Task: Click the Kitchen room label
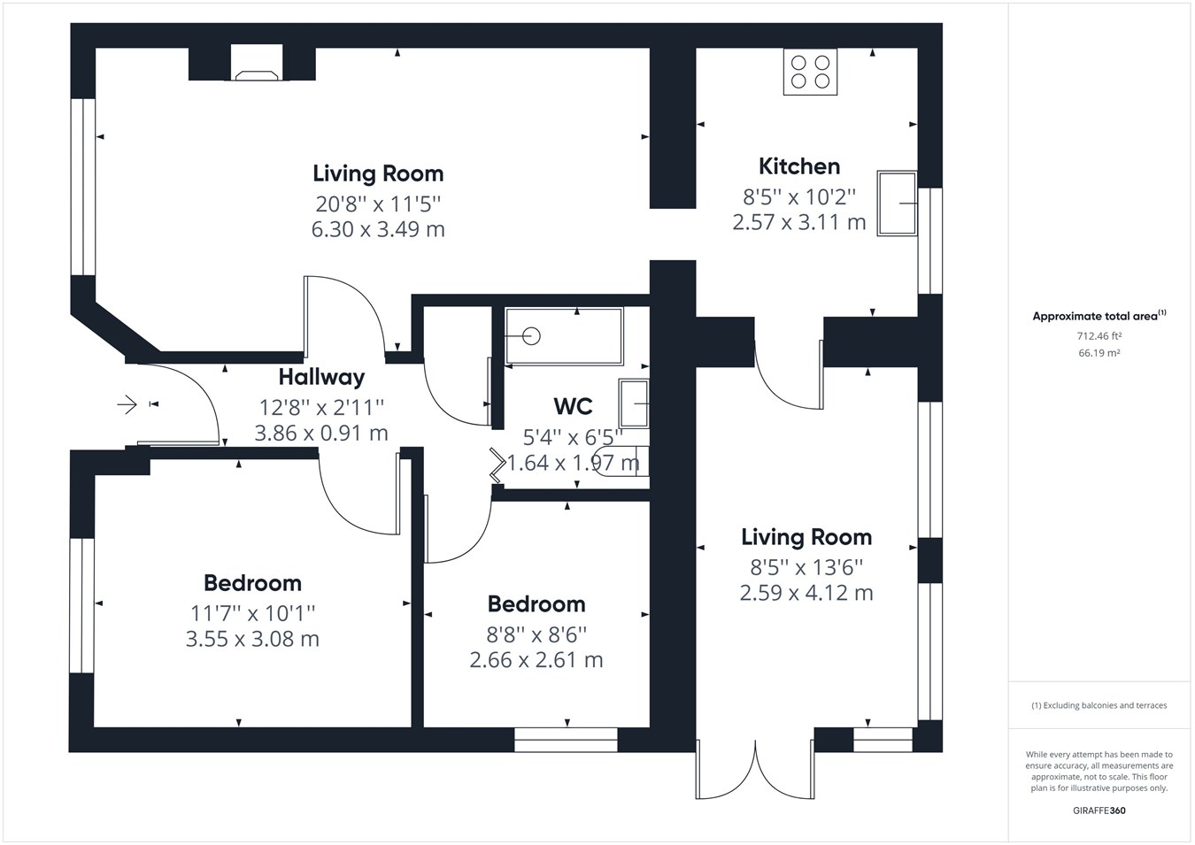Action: (x=798, y=166)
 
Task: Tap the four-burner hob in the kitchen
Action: (x=810, y=73)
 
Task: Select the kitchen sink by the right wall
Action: (x=897, y=204)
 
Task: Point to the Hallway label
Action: (x=321, y=377)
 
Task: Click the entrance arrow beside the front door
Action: (x=127, y=405)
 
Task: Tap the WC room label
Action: (x=573, y=406)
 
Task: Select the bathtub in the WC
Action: (x=564, y=336)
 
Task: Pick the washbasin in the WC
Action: (x=634, y=403)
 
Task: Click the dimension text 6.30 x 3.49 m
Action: (x=378, y=229)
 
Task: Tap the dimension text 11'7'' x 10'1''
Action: (x=252, y=612)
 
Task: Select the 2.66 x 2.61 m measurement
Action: (x=536, y=660)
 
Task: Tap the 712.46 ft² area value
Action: (x=1099, y=336)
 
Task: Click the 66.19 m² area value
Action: (x=1099, y=353)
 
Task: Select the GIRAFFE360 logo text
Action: (x=1099, y=810)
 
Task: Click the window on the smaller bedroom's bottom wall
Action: (x=566, y=740)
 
